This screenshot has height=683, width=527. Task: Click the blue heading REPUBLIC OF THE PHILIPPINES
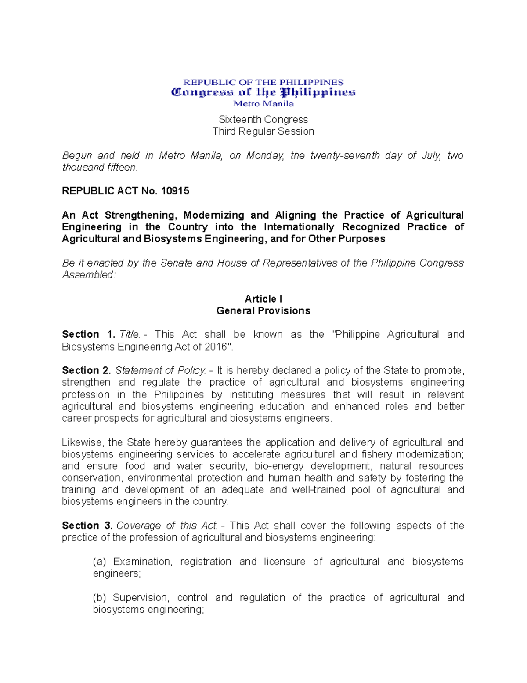263,82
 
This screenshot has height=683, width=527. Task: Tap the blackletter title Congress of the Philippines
263,92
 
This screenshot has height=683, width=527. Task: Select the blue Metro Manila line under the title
263,104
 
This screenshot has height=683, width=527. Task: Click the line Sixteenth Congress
263,120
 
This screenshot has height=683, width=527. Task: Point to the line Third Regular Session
263,131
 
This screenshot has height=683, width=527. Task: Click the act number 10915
175,191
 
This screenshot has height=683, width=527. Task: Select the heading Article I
263,299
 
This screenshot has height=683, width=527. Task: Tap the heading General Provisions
263,311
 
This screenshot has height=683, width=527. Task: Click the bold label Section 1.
88,335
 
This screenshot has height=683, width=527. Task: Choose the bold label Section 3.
87,526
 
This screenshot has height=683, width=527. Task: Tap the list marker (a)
100,562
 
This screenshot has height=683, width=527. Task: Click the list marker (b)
100,598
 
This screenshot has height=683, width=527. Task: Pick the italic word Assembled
88,275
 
